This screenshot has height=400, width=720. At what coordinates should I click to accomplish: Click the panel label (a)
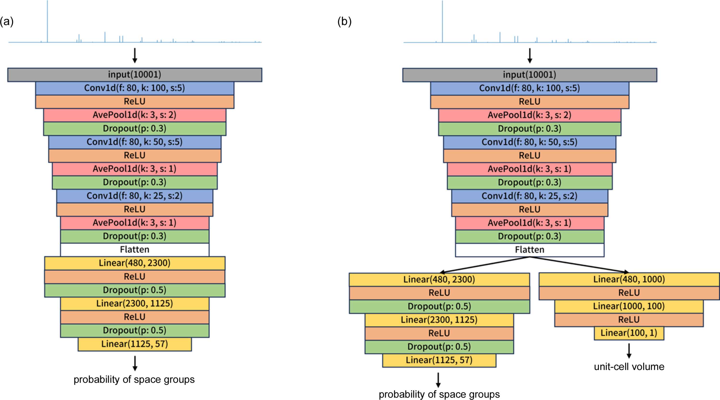tap(7, 22)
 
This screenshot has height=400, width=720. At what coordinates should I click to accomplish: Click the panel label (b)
tap(345, 22)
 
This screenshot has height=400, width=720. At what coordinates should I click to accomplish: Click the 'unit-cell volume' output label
tap(629, 366)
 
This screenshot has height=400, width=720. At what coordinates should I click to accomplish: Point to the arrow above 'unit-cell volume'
tap(629, 351)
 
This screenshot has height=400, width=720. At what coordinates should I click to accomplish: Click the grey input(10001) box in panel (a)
tap(135, 75)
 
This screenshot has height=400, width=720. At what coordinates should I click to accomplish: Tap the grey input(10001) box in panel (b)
tap(530, 75)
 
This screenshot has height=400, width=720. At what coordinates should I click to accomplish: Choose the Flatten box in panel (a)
tap(135, 249)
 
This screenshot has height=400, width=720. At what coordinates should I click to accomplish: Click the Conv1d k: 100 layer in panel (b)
tap(530, 88)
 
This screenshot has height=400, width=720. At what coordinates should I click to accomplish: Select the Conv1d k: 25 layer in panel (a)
tap(135, 196)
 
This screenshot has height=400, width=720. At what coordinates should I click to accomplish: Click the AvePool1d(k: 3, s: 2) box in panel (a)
tap(135, 115)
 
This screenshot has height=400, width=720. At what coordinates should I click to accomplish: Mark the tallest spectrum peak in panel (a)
tap(48, 21)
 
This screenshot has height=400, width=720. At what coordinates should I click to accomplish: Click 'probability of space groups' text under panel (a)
tap(134, 379)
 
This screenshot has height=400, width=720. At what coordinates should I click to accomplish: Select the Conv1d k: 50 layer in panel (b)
tap(530, 142)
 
